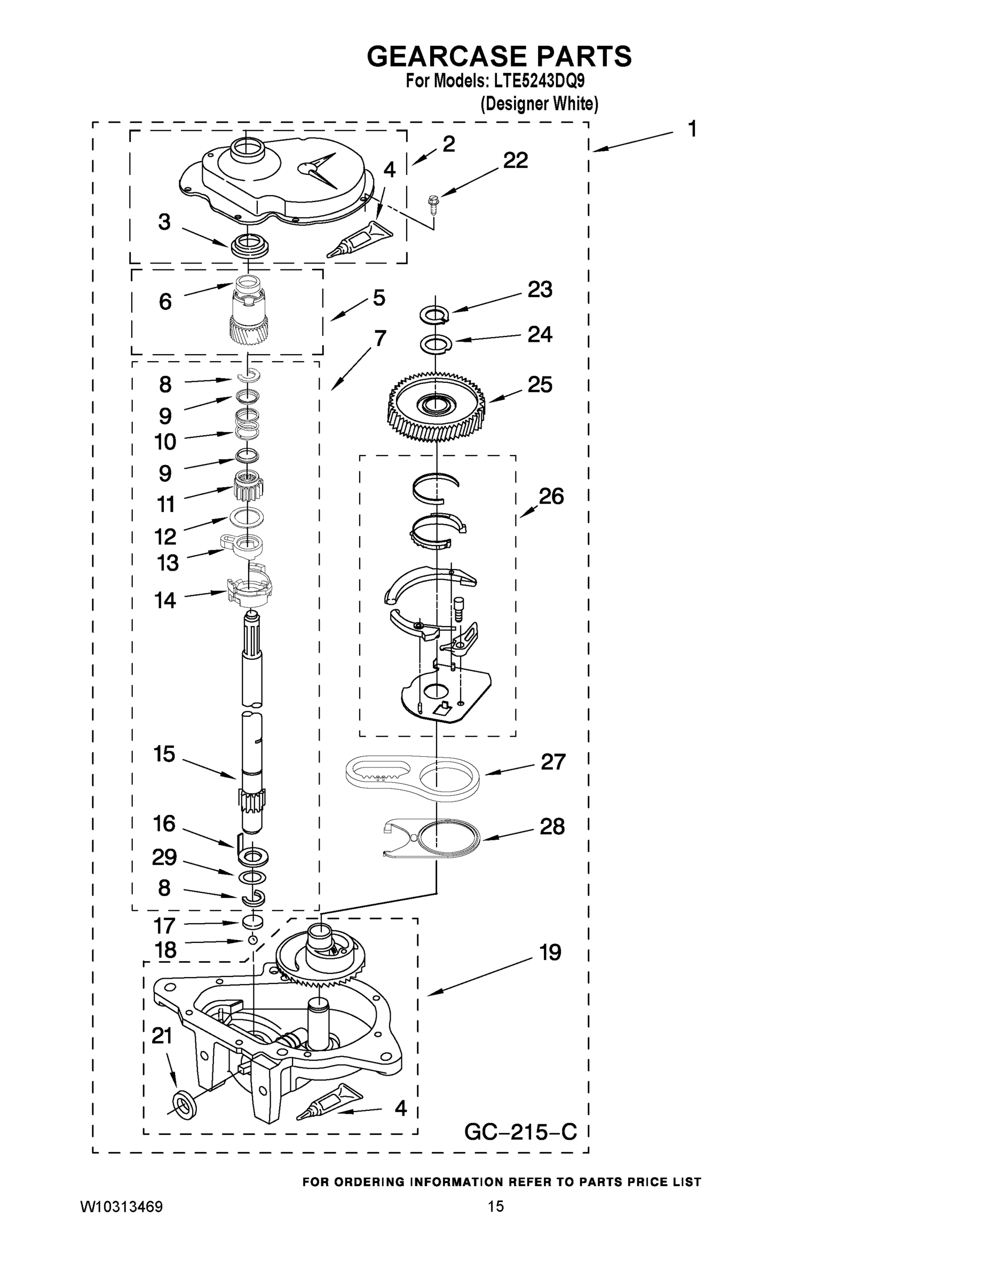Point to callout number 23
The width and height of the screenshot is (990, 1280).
pos(540,290)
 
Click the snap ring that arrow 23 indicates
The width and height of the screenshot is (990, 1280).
pos(434,315)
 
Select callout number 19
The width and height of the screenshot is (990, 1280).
pos(550,953)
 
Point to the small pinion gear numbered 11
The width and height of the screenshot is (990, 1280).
pos(248,486)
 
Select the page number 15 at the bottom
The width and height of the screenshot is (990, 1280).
pos(496,1206)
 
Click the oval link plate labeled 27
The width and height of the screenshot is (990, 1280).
pos(413,777)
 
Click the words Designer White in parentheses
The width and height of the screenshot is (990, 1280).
pos(540,105)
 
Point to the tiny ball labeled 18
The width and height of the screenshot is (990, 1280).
pos(252,940)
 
